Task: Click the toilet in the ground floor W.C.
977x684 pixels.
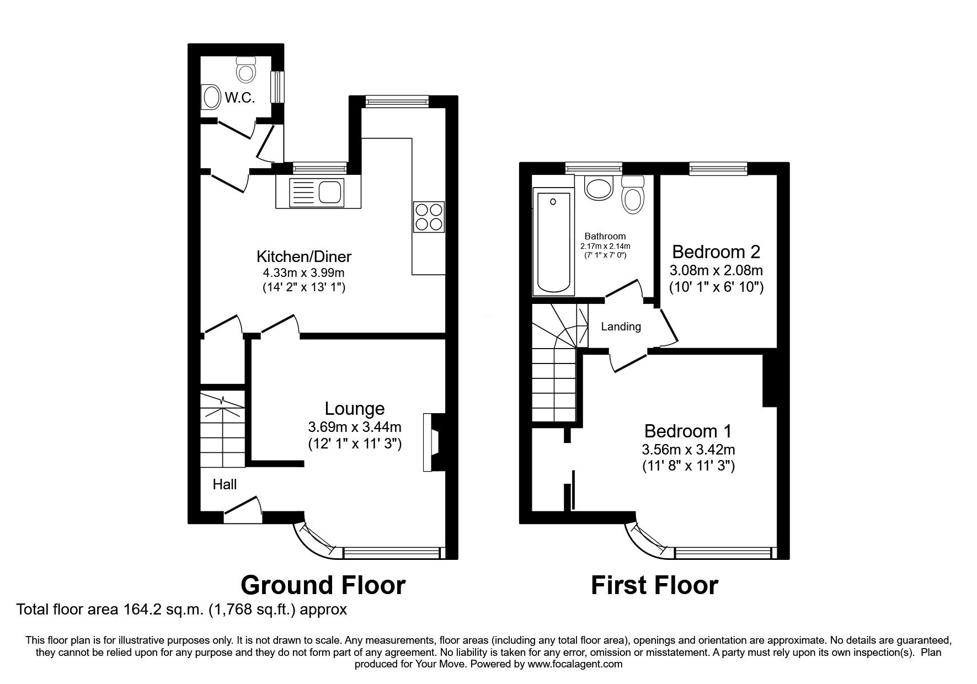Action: coord(245,69)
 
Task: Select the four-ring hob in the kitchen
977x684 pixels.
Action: coord(428,217)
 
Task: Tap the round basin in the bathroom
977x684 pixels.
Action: coord(599,188)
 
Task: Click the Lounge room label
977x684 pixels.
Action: coord(354,409)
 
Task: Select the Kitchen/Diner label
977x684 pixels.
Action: coord(304,256)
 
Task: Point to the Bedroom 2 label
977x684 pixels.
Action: coord(716,252)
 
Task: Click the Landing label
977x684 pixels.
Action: coord(621,327)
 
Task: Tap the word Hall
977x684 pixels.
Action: coord(225,484)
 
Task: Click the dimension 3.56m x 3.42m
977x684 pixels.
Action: coord(688,450)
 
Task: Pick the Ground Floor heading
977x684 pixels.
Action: coord(323,585)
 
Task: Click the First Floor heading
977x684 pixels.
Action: coord(654,585)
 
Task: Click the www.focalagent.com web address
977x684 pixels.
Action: coord(575,664)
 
